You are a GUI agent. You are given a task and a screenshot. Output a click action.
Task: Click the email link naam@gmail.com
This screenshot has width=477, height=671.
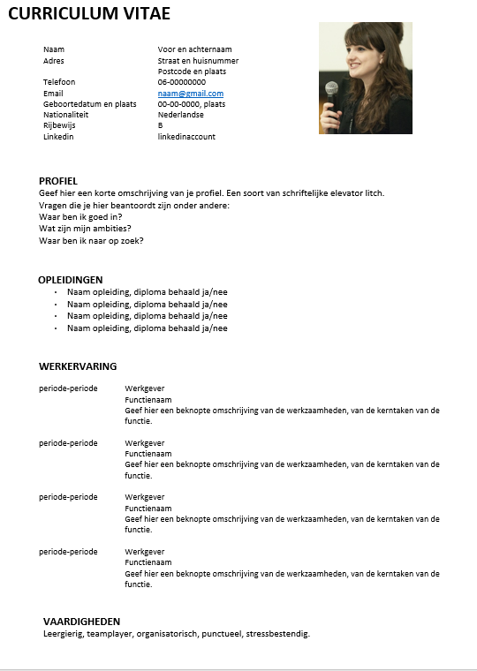click(190, 93)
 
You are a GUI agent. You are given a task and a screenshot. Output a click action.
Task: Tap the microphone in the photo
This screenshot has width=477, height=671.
click(332, 90)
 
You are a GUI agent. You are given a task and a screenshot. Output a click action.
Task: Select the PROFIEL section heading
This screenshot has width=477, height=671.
click(58, 181)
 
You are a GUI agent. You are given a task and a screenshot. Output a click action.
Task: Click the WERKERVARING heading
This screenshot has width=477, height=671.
click(78, 366)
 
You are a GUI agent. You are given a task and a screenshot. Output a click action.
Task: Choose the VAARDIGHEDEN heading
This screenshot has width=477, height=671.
click(81, 622)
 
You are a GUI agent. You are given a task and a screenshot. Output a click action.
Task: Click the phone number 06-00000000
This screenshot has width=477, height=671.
click(182, 82)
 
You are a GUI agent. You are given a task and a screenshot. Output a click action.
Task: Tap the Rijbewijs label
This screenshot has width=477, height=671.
click(59, 125)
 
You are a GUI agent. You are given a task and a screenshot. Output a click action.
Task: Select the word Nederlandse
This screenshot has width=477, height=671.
click(181, 115)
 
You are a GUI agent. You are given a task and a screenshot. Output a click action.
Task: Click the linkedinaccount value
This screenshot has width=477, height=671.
click(186, 137)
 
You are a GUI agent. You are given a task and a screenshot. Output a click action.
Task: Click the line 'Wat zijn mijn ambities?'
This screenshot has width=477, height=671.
click(85, 229)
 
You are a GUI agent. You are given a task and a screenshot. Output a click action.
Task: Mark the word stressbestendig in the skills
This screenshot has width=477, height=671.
click(277, 634)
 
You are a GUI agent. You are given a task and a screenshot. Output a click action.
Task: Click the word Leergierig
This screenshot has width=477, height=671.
click(63, 634)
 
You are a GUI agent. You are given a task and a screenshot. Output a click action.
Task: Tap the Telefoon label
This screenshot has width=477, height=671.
click(59, 82)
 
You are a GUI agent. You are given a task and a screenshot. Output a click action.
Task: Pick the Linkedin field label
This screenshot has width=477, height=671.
click(58, 137)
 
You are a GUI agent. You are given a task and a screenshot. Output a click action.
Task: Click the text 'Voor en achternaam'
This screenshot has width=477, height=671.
click(194, 49)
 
